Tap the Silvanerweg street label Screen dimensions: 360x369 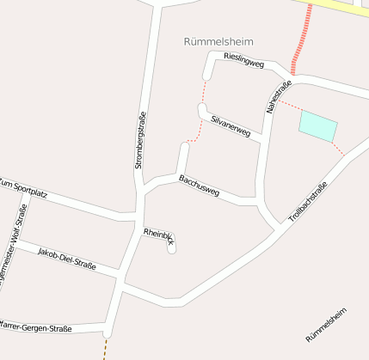click(230, 125)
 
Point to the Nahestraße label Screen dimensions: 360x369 click(280, 96)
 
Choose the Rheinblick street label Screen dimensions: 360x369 click(160, 237)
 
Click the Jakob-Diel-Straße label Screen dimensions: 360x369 click(66, 258)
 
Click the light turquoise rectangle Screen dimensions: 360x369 click(317, 126)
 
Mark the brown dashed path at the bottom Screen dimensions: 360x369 click(106, 348)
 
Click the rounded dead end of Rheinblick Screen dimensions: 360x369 click(171, 249)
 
